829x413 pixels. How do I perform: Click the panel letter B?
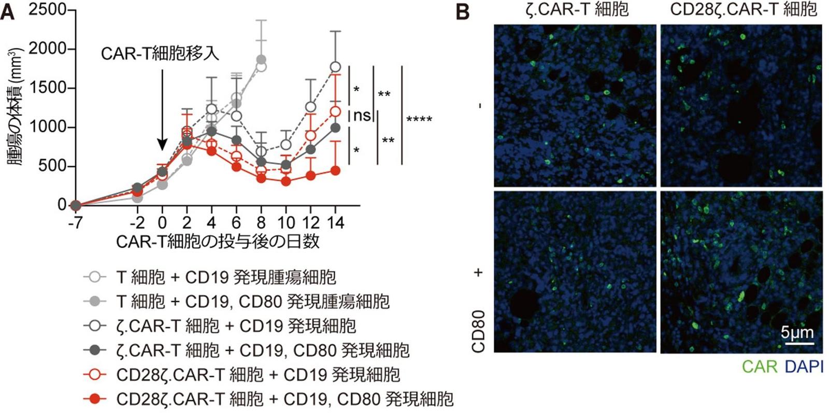463,11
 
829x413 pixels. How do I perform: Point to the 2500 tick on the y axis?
47,10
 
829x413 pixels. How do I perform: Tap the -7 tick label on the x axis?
75,223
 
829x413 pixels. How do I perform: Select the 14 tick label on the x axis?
335,223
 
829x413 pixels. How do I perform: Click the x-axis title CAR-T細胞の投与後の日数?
218,241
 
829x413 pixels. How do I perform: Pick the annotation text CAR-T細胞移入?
160,53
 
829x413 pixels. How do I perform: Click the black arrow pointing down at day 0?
162,109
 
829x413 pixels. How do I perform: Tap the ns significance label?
362,115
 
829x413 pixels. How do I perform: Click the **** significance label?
419,120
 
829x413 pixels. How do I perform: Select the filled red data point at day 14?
335,170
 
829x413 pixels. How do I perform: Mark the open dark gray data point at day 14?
335,67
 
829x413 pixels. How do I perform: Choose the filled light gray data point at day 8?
261,60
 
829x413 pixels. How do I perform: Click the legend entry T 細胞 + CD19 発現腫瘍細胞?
226,277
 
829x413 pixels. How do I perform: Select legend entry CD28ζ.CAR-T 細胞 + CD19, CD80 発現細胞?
284,399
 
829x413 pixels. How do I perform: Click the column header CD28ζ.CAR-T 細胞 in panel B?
744,9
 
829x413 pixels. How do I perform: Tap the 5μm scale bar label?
797,332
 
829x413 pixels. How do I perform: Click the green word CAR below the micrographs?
759,367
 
